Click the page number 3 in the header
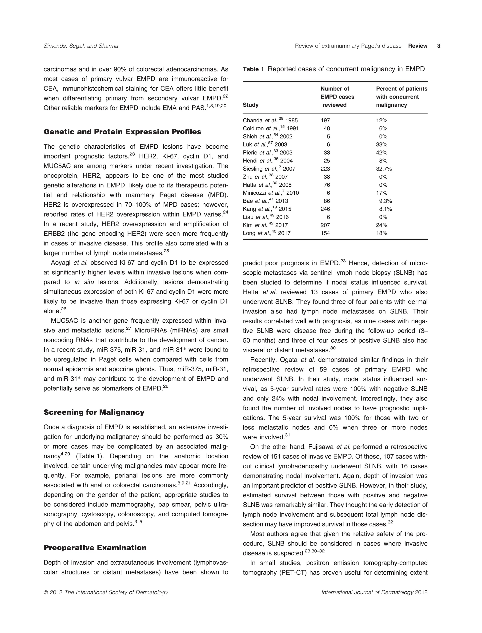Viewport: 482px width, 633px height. point(438,46)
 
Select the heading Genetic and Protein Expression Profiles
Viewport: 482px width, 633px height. point(122,132)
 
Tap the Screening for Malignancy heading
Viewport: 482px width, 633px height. point(94,412)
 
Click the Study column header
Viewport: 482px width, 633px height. point(250,105)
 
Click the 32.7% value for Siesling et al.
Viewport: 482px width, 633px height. point(384,169)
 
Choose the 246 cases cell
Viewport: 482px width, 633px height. point(325,209)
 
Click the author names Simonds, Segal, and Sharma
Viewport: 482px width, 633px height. point(81,46)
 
